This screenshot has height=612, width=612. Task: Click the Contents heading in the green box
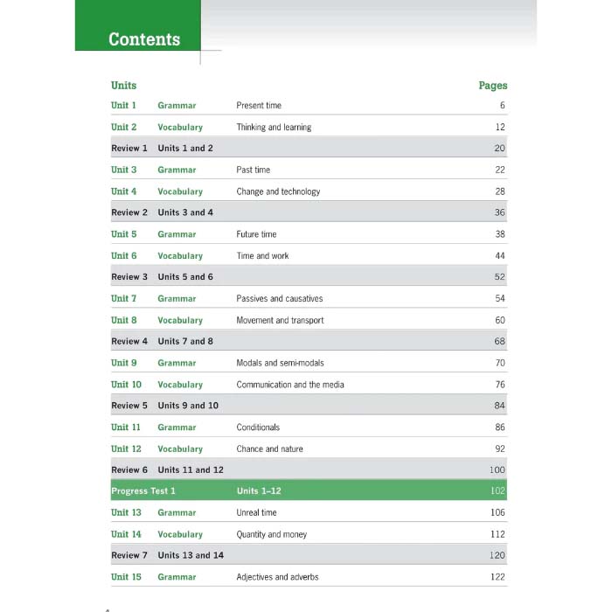[144, 39]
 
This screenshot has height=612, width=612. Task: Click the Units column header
[123, 86]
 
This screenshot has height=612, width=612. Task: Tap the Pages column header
[492, 86]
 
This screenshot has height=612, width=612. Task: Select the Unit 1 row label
[123, 106]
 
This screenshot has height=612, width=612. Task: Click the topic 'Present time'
[259, 106]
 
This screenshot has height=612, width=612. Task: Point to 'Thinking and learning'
[274, 128]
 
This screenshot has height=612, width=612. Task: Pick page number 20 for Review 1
[499, 149]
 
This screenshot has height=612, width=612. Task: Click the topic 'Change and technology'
[278, 191]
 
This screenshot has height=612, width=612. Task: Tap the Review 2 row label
[129, 212]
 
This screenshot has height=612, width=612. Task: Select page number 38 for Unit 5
[499, 234]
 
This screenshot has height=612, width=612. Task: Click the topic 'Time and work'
[262, 256]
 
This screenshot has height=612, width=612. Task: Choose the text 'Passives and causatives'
[279, 299]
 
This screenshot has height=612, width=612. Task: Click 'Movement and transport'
[280, 321]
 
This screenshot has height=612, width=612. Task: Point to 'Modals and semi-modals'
[281, 363]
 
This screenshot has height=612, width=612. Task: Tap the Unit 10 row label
[126, 385]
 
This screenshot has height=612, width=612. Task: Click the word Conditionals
[258, 428]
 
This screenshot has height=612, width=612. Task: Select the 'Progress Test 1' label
[143, 491]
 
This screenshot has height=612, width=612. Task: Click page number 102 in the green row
[497, 491]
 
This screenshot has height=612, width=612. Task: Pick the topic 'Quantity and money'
[271, 534]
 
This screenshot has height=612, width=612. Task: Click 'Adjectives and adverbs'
[276, 577]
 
